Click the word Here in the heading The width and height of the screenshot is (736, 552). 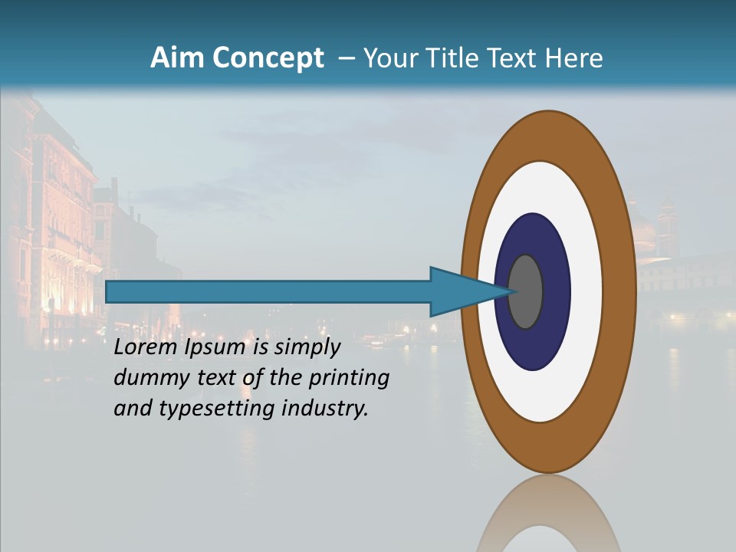(x=574, y=58)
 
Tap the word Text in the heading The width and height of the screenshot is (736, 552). (x=510, y=58)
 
